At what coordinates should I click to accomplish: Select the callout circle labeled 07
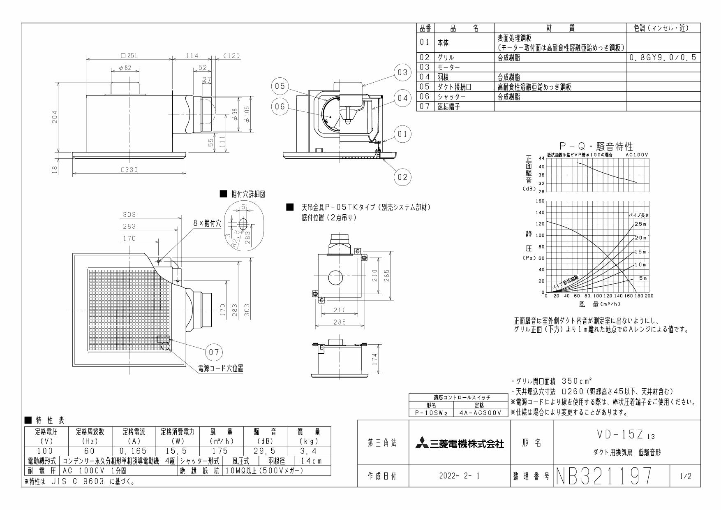tap(214, 352)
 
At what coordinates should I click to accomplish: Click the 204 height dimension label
tap(55, 116)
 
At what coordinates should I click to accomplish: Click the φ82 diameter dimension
tap(125, 68)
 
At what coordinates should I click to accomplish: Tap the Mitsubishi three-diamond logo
tap(421, 444)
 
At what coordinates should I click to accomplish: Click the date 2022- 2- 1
tap(459, 477)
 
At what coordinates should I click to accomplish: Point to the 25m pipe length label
tap(640, 224)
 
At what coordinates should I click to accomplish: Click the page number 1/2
tap(685, 477)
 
